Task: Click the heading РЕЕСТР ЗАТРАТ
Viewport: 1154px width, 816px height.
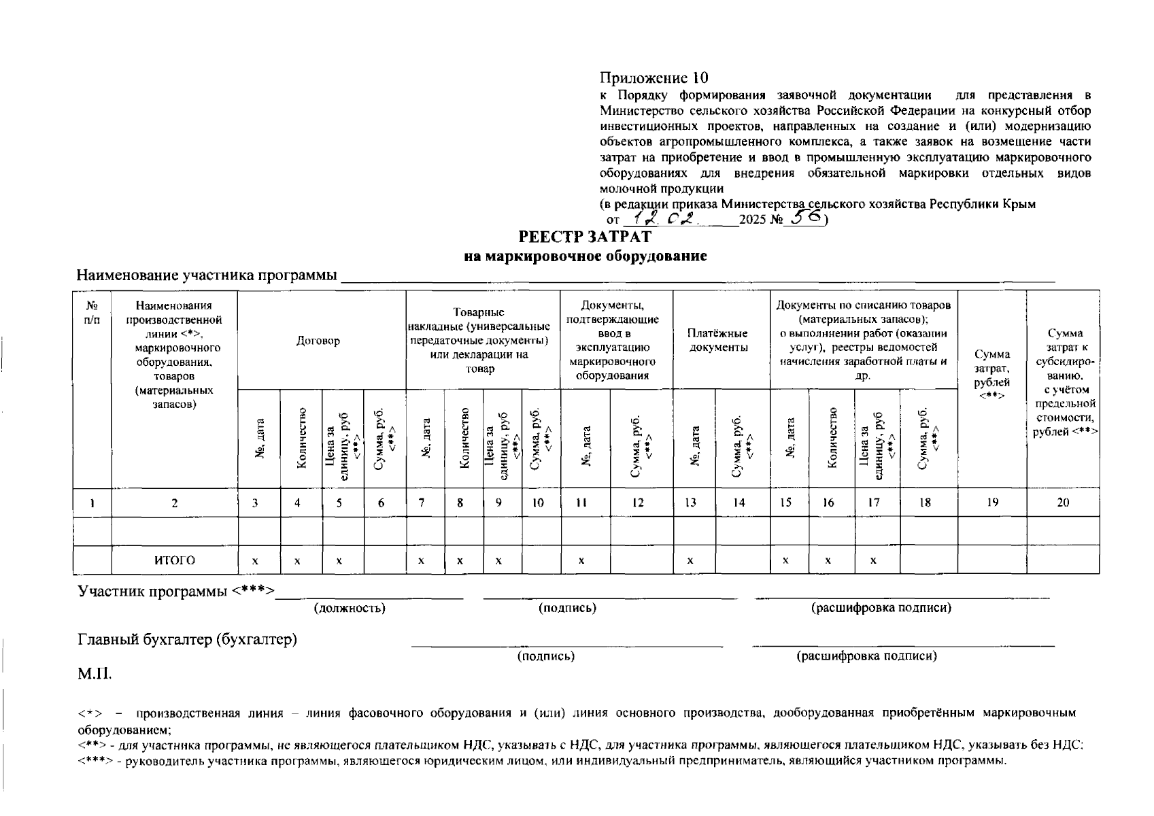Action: pos(585,237)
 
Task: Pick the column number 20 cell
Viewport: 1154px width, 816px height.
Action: pos(1062,503)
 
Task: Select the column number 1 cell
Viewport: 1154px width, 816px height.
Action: pos(91,503)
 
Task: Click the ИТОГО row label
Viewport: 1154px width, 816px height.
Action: pos(174,560)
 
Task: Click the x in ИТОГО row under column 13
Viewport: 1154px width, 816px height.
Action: pos(690,561)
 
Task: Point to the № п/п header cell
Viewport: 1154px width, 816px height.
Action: pos(92,312)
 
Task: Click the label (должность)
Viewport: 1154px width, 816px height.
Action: pos(350,608)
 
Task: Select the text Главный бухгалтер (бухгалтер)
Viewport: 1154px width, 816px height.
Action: pos(187,640)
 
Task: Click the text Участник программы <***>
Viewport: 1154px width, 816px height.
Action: pos(175,591)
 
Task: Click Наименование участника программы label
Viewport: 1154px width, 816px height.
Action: pos(207,275)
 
